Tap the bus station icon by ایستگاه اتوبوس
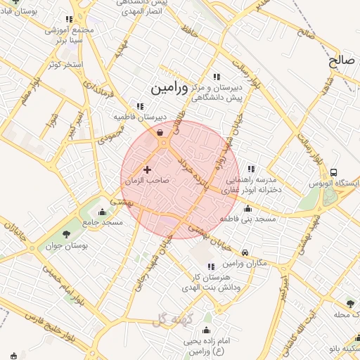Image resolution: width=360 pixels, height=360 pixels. click(x=333, y=172)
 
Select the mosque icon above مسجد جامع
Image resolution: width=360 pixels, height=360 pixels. click(x=103, y=212)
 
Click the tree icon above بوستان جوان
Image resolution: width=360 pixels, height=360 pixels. click(x=66, y=234)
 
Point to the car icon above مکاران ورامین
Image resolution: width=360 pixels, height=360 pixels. click(x=244, y=252)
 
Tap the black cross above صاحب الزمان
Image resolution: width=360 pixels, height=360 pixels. click(x=147, y=169)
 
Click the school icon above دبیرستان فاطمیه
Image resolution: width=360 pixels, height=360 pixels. click(x=140, y=106)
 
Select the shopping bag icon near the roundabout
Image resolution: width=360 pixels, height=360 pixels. click(x=160, y=131)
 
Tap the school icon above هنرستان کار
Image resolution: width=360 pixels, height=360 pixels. click(x=210, y=266)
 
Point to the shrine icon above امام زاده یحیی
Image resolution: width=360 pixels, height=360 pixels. click(x=207, y=330)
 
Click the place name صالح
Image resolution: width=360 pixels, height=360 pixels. click(x=342, y=61)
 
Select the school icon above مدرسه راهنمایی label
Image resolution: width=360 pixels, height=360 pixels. click(x=252, y=169)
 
